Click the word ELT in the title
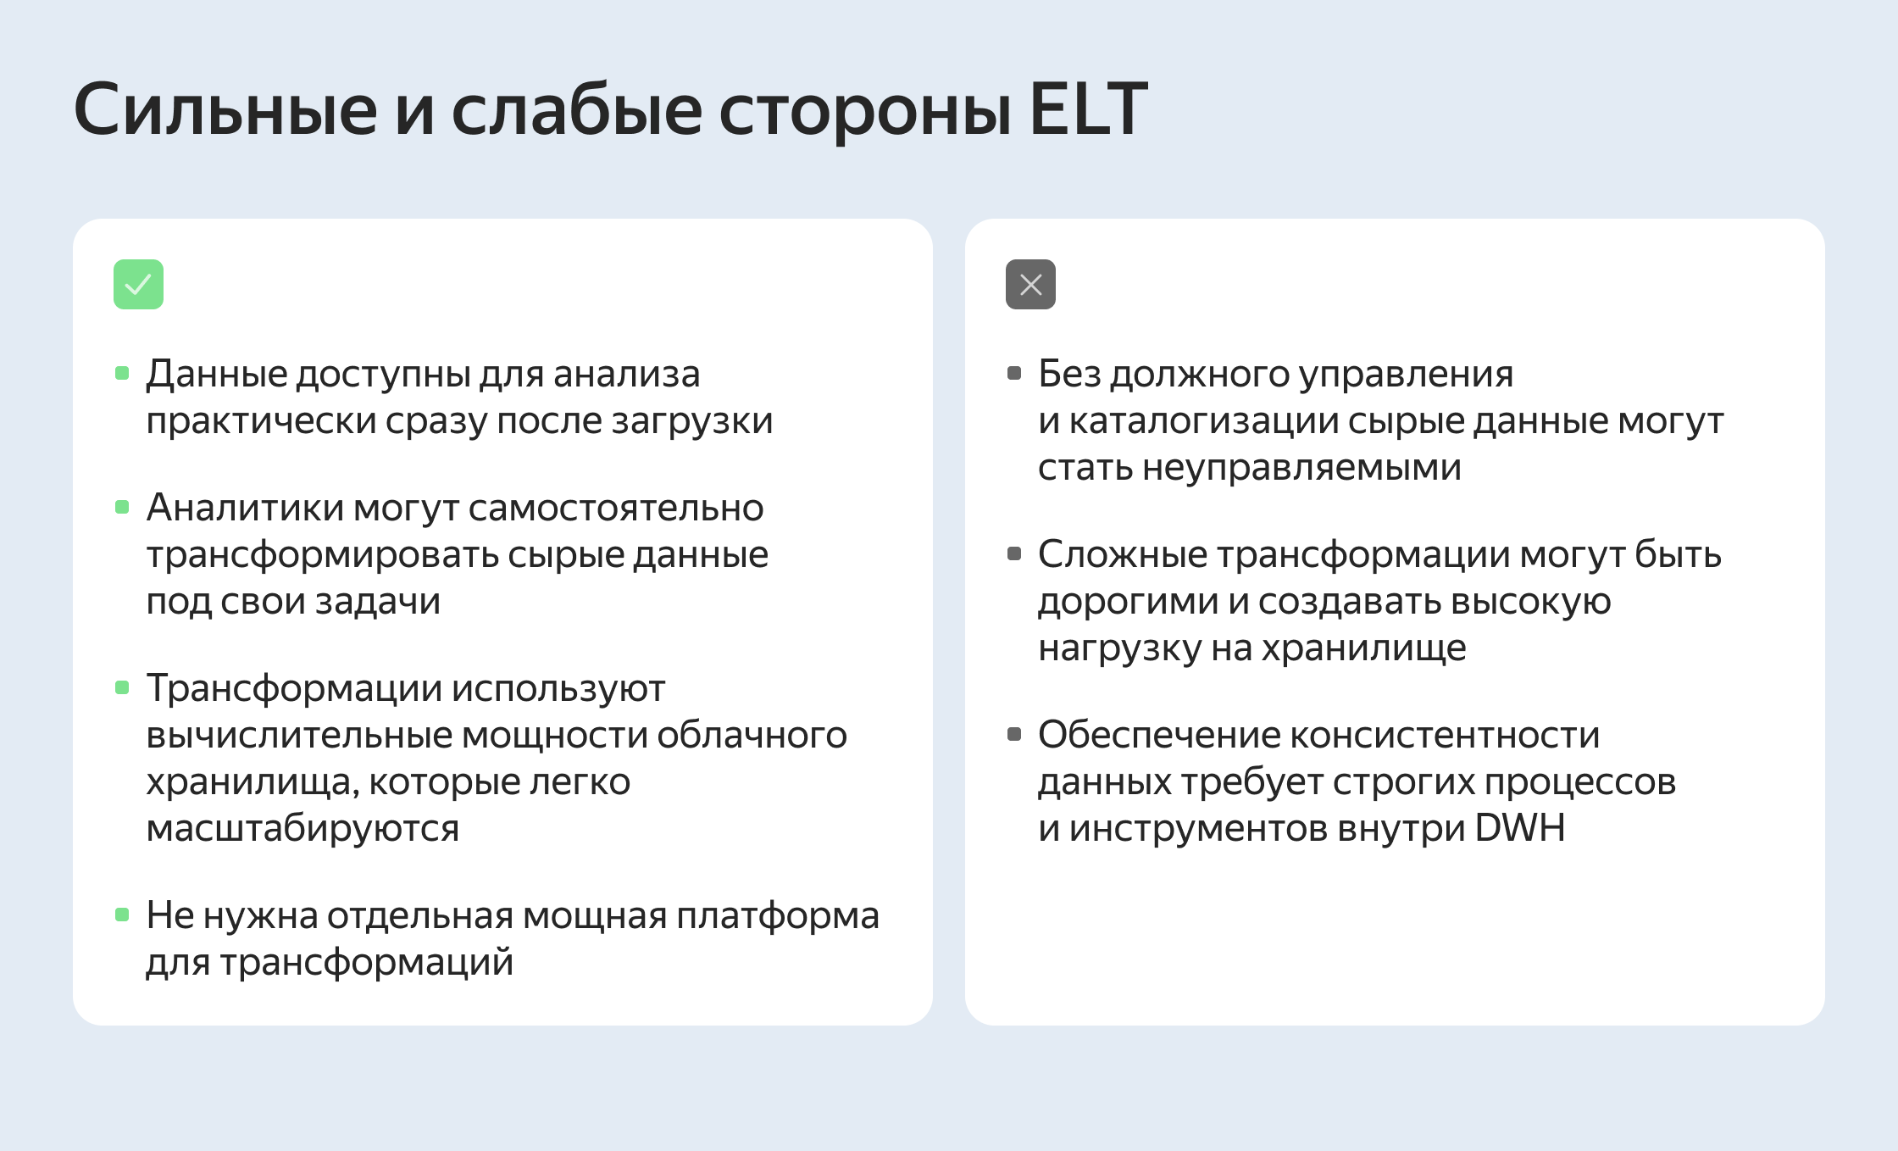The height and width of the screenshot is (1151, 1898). coord(1088,109)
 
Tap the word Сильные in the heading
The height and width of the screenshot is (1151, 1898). coord(225,109)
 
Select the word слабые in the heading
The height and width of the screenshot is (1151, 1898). coord(576,109)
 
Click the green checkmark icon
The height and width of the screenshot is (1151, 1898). coord(138,284)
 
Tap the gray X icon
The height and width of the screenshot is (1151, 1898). coord(1030,284)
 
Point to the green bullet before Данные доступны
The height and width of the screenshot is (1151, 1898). coord(122,373)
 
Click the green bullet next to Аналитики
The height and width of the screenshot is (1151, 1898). coord(122,507)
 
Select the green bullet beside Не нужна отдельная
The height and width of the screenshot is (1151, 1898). coord(122,915)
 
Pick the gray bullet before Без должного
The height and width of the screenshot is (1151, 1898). coord(1014,373)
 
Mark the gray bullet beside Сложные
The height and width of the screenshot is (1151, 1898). coord(1014,553)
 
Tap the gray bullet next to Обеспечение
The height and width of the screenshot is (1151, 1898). coord(1014,734)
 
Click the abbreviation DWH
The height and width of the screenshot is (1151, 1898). coord(1520,828)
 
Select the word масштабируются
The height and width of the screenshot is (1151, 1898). coord(302,828)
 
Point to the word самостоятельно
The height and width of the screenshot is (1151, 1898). coord(616,509)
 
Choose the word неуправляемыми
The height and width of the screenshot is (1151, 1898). coord(1301,468)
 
